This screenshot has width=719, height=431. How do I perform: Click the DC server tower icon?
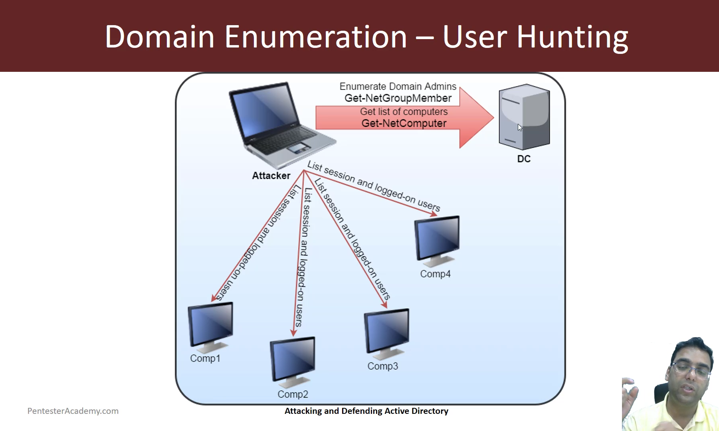tap(524, 116)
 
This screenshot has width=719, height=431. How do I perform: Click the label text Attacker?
tap(271, 176)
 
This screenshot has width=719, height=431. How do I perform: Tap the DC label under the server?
tap(524, 159)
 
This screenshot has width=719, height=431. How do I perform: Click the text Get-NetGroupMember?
tap(398, 98)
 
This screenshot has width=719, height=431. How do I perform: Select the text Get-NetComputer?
tap(404, 123)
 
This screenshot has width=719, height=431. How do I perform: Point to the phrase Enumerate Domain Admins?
tap(398, 86)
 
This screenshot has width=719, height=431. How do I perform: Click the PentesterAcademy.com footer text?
tap(73, 411)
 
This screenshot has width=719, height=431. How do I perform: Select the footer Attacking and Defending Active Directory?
tap(366, 411)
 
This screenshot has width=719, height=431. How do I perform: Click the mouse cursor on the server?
tap(519, 127)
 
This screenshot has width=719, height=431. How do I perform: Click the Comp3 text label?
tap(382, 366)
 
